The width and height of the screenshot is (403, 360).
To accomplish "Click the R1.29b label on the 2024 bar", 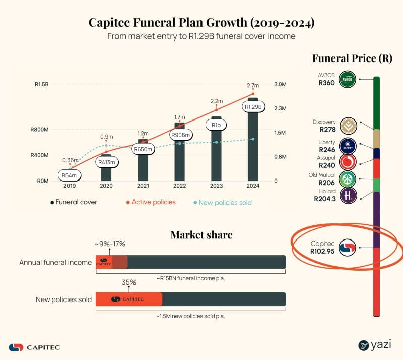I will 253,107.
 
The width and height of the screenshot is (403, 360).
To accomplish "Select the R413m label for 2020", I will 106,162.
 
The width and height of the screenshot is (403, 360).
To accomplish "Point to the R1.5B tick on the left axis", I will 41,84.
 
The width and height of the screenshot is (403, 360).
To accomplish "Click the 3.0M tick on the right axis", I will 280,84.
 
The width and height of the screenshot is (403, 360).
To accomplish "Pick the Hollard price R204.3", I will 323,199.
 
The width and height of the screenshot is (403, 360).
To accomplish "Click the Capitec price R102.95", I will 322,251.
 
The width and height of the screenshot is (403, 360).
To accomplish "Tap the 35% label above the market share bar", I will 129,282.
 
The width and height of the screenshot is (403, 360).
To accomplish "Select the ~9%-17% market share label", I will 110,244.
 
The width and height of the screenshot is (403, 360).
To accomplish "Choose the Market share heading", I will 201,234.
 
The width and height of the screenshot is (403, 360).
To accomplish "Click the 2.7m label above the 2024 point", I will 253,85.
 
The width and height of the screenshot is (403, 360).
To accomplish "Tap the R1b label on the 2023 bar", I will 216,125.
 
